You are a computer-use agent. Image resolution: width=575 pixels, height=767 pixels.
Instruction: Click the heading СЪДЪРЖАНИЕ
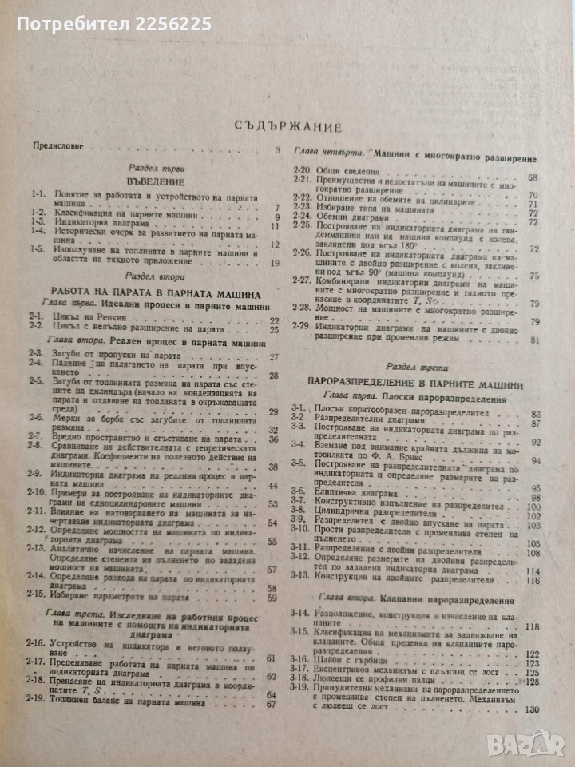[x=289, y=126]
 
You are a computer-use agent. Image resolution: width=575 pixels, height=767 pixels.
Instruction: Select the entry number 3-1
[x=300, y=413]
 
